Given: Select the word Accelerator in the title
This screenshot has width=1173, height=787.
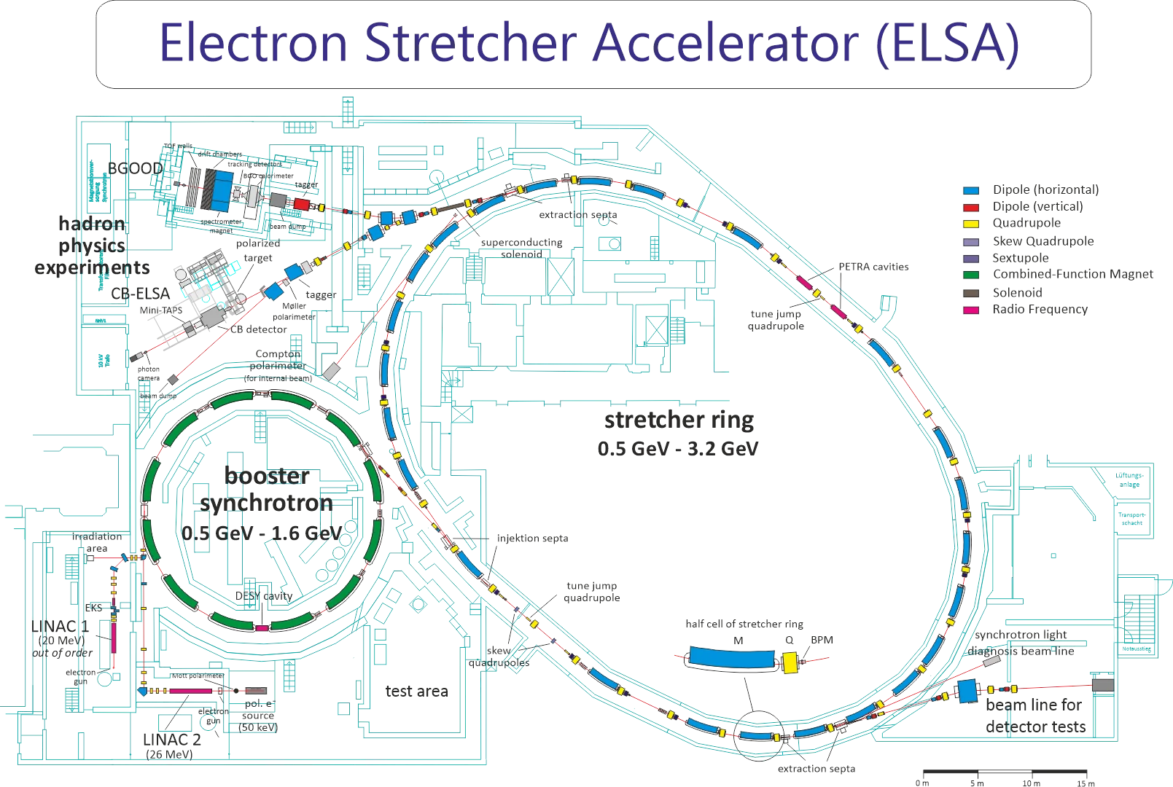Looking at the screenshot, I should point(725,42).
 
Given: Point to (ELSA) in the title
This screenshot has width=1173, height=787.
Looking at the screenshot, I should point(946,42).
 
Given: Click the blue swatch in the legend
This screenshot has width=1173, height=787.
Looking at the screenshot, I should point(970,191).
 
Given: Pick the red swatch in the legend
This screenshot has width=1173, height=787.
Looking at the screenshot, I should point(970,208).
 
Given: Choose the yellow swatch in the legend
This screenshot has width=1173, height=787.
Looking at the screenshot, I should point(970,224).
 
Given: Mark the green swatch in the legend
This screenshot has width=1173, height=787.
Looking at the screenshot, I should point(970,275).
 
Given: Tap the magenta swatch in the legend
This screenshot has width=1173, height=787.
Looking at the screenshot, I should point(970,309).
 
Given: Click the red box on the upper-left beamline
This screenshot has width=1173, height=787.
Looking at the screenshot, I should point(302,203).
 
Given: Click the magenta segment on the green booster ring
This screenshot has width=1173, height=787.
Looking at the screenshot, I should point(262,627).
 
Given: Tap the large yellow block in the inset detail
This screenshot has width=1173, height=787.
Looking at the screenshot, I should point(790,662).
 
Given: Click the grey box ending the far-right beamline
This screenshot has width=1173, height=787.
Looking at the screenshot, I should point(1103,685).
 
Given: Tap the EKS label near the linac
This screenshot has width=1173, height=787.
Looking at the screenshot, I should point(93,606).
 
